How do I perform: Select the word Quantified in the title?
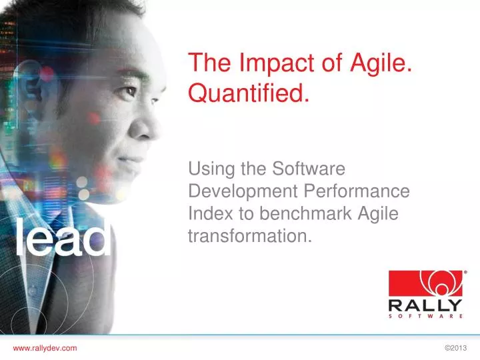point(249,93)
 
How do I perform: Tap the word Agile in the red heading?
point(381,64)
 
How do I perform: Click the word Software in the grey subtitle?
point(309,169)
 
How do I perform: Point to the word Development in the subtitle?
point(243,192)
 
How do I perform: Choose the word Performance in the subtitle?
point(357,191)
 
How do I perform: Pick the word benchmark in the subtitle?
point(305,213)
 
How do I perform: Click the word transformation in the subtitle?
point(250,236)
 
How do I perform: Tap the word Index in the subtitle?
point(211,213)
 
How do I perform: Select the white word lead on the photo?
point(63,237)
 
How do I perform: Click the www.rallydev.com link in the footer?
point(45,348)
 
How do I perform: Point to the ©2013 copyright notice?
point(456,348)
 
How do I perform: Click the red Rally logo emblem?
point(426,283)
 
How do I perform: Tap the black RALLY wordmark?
point(425,305)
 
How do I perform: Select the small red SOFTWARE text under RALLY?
point(425,316)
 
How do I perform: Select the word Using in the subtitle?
point(212,169)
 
